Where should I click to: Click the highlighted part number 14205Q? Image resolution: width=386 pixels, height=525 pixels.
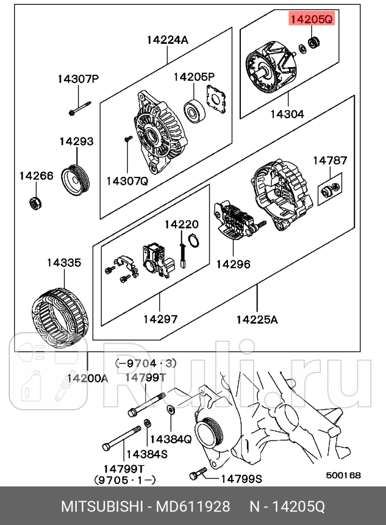[311, 20]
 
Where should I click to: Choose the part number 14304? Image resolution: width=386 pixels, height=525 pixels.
[287, 114]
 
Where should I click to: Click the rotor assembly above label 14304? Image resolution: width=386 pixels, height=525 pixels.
[271, 70]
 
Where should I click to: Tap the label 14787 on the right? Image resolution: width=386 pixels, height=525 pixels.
[330, 160]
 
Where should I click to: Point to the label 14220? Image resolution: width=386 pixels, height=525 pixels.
[181, 224]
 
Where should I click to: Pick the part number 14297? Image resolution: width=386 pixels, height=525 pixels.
[160, 319]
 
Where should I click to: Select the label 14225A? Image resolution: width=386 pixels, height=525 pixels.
[257, 319]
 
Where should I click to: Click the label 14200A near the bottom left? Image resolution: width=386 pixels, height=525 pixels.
[88, 378]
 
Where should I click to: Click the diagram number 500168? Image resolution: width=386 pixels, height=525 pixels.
[343, 475]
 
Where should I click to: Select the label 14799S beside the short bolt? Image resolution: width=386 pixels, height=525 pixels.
[241, 478]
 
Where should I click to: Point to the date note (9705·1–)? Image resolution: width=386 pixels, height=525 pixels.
[125, 479]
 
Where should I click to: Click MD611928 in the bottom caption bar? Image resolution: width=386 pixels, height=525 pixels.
[193, 507]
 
